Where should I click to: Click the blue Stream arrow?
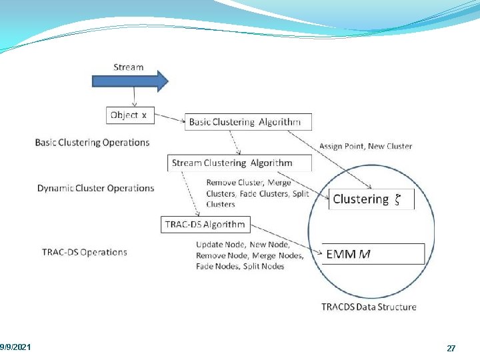[x=129, y=81]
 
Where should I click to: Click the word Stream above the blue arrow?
[x=129, y=67]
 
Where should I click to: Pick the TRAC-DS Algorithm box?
[x=206, y=225]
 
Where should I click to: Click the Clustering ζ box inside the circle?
[x=371, y=199]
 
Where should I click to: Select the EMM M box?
[x=373, y=254]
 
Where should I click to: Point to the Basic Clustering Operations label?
[x=92, y=142]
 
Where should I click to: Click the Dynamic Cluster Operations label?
[x=95, y=188]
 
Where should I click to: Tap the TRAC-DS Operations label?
[x=84, y=252]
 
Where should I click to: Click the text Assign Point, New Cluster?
[x=365, y=146]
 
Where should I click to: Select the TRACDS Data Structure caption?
[x=369, y=307]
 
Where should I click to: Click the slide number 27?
[x=451, y=349]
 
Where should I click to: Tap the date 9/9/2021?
[x=15, y=348]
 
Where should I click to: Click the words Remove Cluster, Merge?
[x=249, y=183]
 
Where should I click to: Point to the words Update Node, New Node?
[x=243, y=245]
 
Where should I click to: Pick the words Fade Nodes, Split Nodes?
[x=240, y=266]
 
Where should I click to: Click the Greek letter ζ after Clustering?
[x=397, y=199]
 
